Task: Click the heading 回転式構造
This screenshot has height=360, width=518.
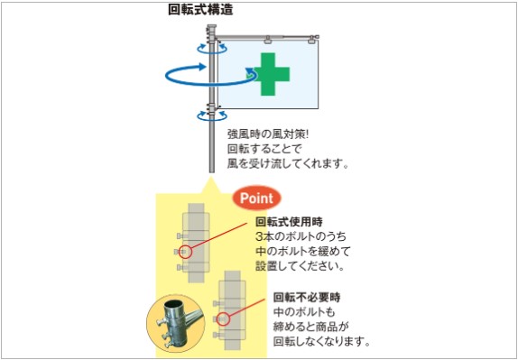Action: pyautogui.click(x=200, y=10)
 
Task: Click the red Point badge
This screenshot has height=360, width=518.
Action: pyautogui.click(x=256, y=198)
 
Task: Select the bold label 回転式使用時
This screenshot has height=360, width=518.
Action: pyautogui.click(x=289, y=222)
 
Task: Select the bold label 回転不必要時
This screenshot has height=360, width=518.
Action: pyautogui.click(x=307, y=298)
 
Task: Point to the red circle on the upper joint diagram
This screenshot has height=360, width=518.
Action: pyautogui.click(x=186, y=253)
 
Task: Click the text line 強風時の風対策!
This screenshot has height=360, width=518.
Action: pyautogui.click(x=268, y=135)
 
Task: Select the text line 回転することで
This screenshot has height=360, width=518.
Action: pyautogui.click(x=264, y=150)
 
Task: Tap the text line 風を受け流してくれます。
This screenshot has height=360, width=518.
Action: pyautogui.click(x=288, y=164)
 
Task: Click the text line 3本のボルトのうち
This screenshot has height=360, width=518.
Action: pyautogui.click(x=301, y=236)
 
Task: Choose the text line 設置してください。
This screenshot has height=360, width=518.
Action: pyautogui.click(x=299, y=266)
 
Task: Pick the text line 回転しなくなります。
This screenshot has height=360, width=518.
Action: pyautogui.click(x=321, y=342)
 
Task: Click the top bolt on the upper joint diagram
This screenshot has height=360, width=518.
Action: pyautogui.click(x=181, y=236)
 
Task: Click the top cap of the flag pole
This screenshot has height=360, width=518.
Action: pyautogui.click(x=211, y=26)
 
